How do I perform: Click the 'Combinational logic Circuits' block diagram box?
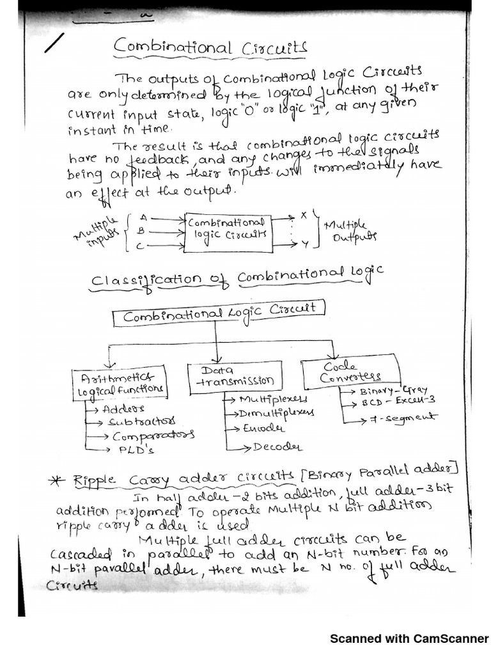tap(226, 229)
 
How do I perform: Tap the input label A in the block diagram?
tap(143, 217)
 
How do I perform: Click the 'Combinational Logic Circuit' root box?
tap(219, 313)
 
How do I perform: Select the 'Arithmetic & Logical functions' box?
tap(120, 383)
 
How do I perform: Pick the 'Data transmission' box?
tap(234, 375)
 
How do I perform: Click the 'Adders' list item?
tap(123, 407)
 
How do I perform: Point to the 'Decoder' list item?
tap(276, 446)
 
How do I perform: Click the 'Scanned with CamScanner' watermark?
tap(409, 638)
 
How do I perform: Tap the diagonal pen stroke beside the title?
tap(56, 43)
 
